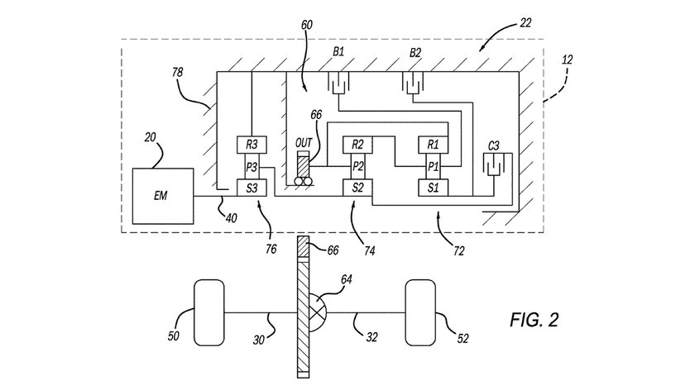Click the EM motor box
pyautogui.click(x=163, y=197)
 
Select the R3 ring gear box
pyautogui.click(x=251, y=145)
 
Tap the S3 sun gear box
pyautogui.click(x=251, y=188)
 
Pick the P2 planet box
pyautogui.click(x=357, y=166)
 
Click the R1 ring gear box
pyautogui.click(x=432, y=145)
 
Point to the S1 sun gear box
pyautogui.click(x=432, y=188)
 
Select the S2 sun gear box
pyautogui.click(x=357, y=188)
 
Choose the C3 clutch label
pyautogui.click(x=493, y=146)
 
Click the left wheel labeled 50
pyautogui.click(x=208, y=314)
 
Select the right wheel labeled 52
pyautogui.click(x=420, y=314)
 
